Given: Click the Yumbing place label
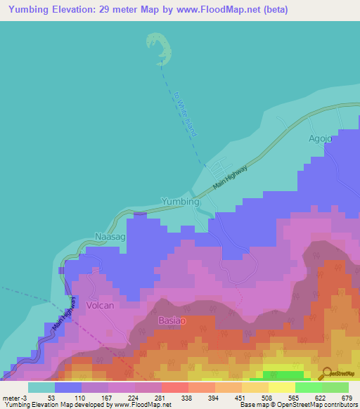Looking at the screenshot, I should click(x=181, y=201).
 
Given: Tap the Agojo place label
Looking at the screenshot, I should click(x=320, y=138).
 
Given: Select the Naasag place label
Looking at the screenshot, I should click(x=110, y=238).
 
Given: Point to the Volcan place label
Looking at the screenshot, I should click(x=100, y=306).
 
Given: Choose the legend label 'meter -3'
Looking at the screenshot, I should click(x=18, y=398).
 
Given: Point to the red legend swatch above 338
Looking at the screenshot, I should click(x=174, y=387).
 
